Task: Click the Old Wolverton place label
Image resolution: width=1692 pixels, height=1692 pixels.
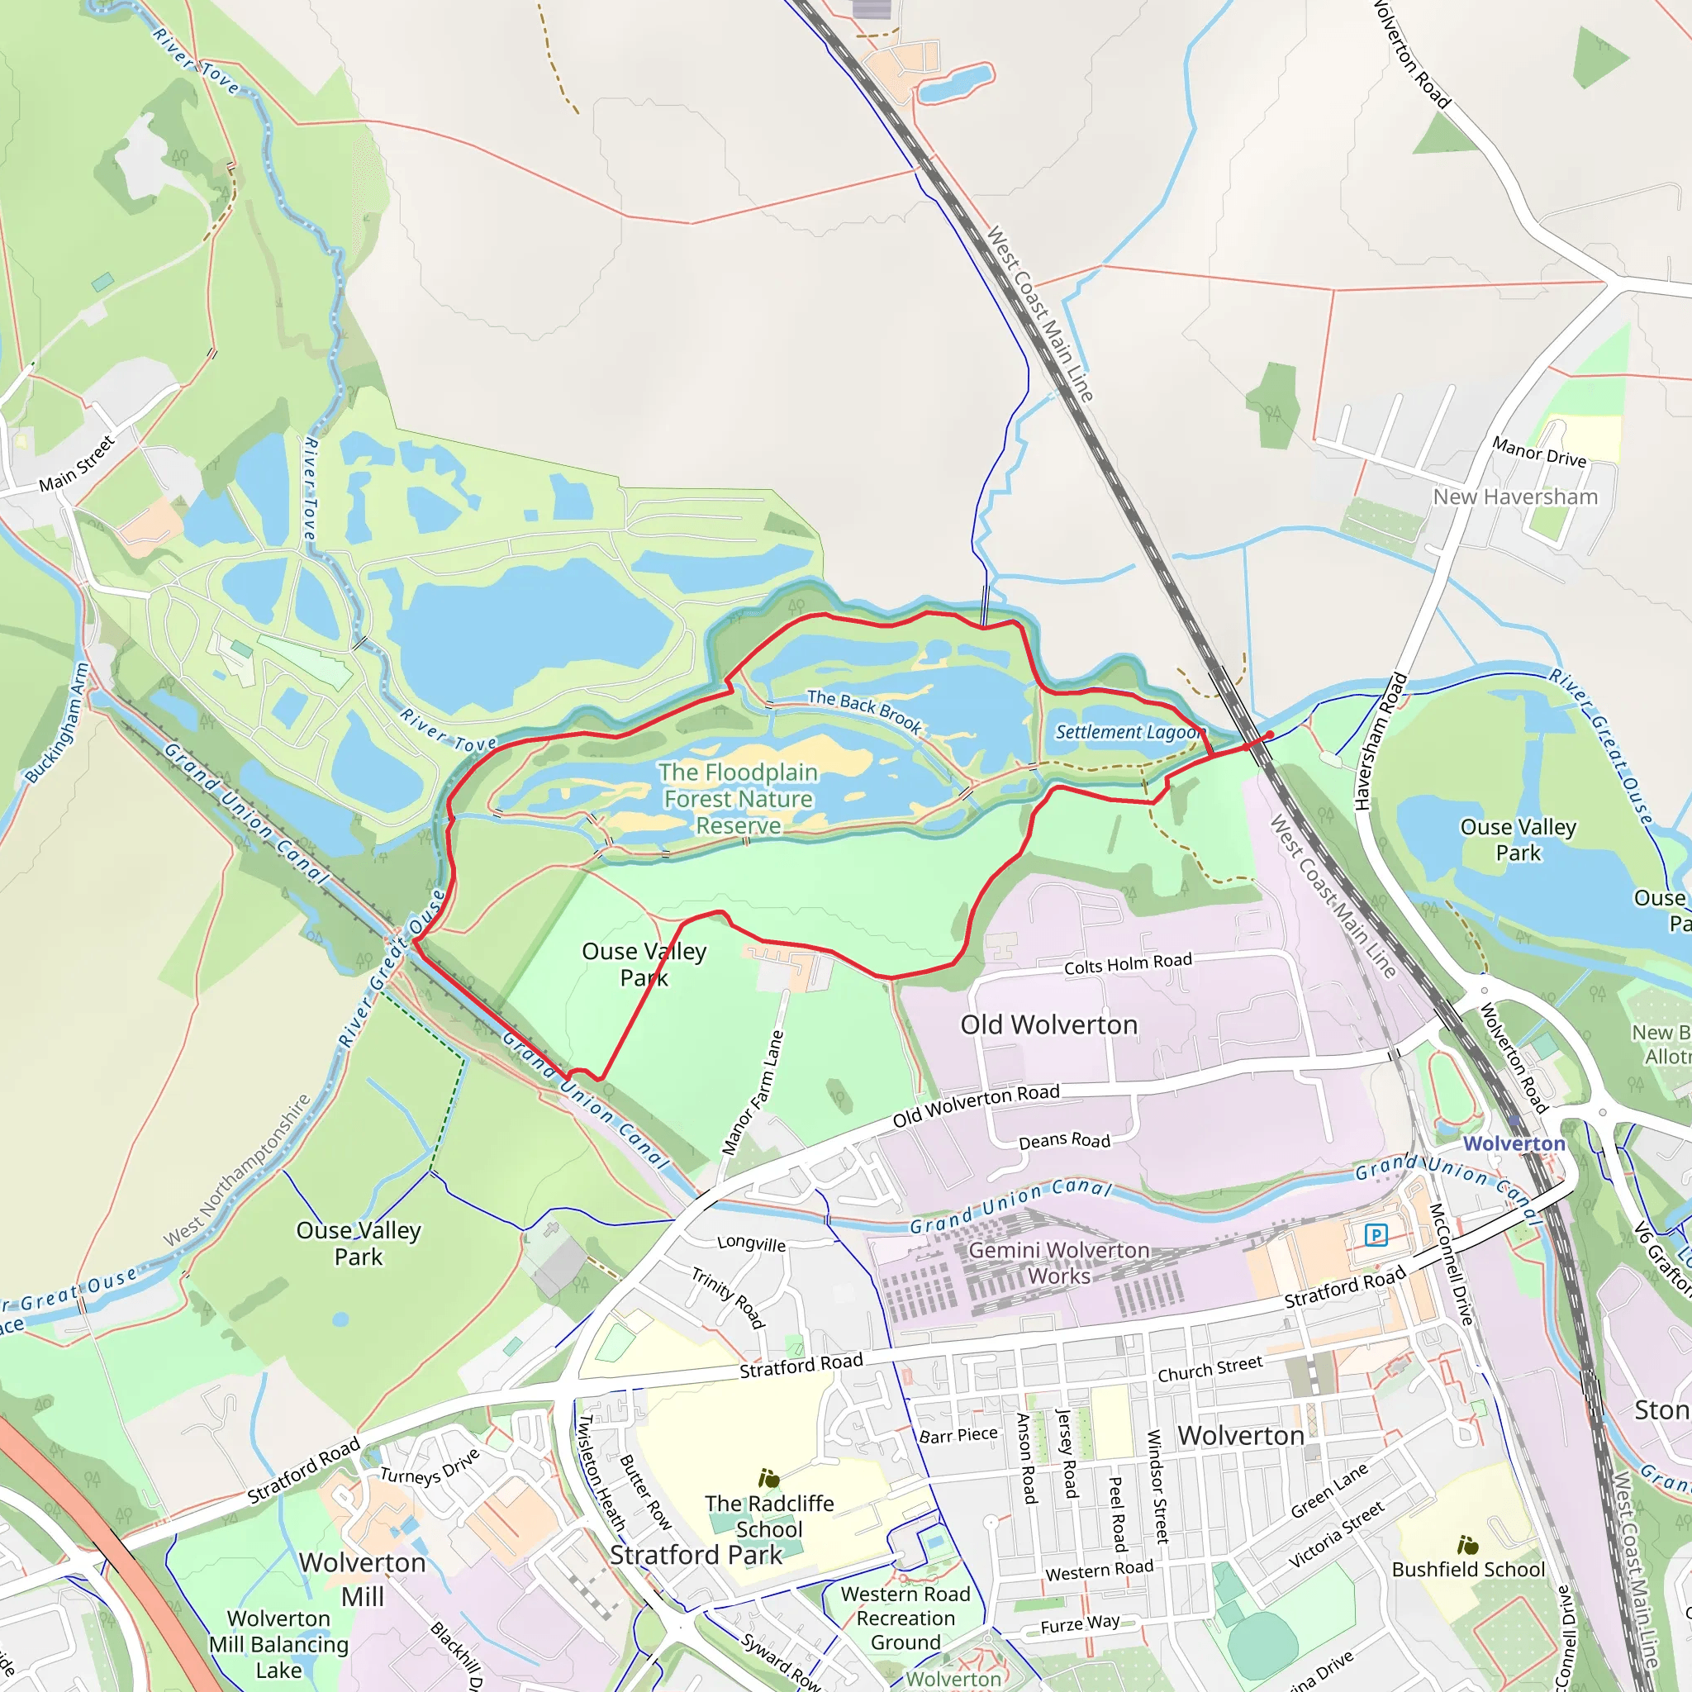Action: click(1048, 1024)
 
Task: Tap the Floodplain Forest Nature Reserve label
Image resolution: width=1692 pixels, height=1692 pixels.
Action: click(738, 799)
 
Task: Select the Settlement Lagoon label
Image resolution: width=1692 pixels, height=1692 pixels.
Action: click(1129, 732)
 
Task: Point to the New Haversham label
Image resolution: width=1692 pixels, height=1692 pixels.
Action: click(1515, 497)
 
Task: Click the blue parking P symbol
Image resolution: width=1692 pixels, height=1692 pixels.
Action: click(1376, 1236)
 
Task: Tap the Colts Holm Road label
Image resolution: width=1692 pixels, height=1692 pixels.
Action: click(1128, 964)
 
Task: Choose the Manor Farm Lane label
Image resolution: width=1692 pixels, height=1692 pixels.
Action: click(753, 1092)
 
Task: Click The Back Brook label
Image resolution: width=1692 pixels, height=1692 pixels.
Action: click(864, 711)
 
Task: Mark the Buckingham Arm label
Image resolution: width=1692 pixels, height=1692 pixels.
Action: click(58, 724)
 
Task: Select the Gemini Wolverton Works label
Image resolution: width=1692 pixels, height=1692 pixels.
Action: click(1059, 1263)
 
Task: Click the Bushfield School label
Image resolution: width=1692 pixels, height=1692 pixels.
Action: click(1468, 1569)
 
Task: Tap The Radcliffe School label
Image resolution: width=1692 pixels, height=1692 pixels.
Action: click(769, 1516)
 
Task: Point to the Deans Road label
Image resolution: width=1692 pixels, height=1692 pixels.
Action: click(1064, 1140)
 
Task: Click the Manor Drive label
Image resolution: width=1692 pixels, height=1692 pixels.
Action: click(1540, 452)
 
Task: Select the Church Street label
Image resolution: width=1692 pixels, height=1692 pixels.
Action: click(1210, 1369)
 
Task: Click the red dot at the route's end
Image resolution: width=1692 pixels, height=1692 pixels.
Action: click(1270, 734)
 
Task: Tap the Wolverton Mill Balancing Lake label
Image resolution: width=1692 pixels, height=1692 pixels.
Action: click(278, 1644)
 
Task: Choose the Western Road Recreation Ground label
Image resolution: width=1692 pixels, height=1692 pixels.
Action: click(905, 1618)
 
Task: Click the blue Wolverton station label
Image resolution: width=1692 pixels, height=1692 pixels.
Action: click(1514, 1143)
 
